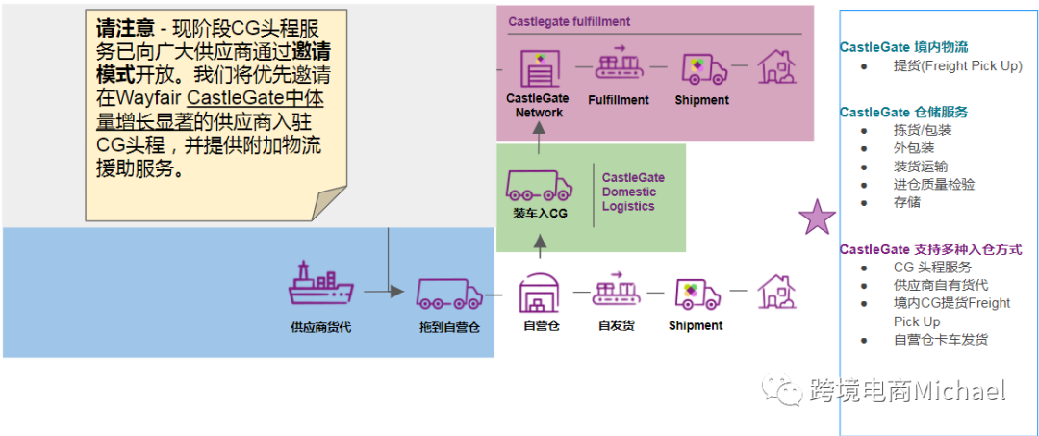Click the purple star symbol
click(x=818, y=218)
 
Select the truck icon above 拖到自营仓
click(x=449, y=293)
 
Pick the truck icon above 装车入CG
click(x=539, y=184)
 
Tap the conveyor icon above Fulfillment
click(x=619, y=65)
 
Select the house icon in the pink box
click(x=777, y=66)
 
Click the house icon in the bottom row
click(x=777, y=291)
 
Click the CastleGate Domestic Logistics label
click(x=633, y=192)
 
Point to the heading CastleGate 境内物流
click(x=903, y=46)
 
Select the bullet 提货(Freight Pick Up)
click(x=957, y=66)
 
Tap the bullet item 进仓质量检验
click(x=933, y=184)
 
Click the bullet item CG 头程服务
click(x=932, y=268)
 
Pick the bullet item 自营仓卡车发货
click(x=940, y=339)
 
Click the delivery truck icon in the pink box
click(x=701, y=67)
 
